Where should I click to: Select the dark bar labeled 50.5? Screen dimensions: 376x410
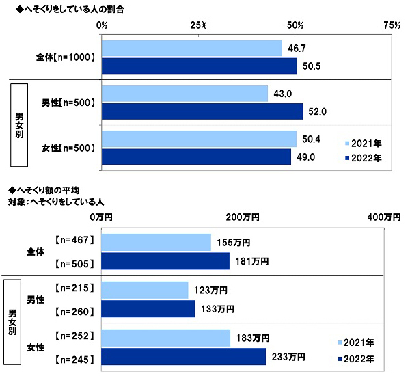pos(199,66)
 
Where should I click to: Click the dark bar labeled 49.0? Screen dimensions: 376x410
pos(196,157)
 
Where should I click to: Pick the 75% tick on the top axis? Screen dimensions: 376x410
pos(392,25)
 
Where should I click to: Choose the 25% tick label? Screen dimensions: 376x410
pos(199,25)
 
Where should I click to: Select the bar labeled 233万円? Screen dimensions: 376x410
pos(183,357)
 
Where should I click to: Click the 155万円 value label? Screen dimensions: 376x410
pos(234,243)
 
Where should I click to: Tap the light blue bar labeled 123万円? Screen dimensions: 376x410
pos(144,291)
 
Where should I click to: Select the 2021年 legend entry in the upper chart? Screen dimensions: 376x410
pos(363,144)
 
